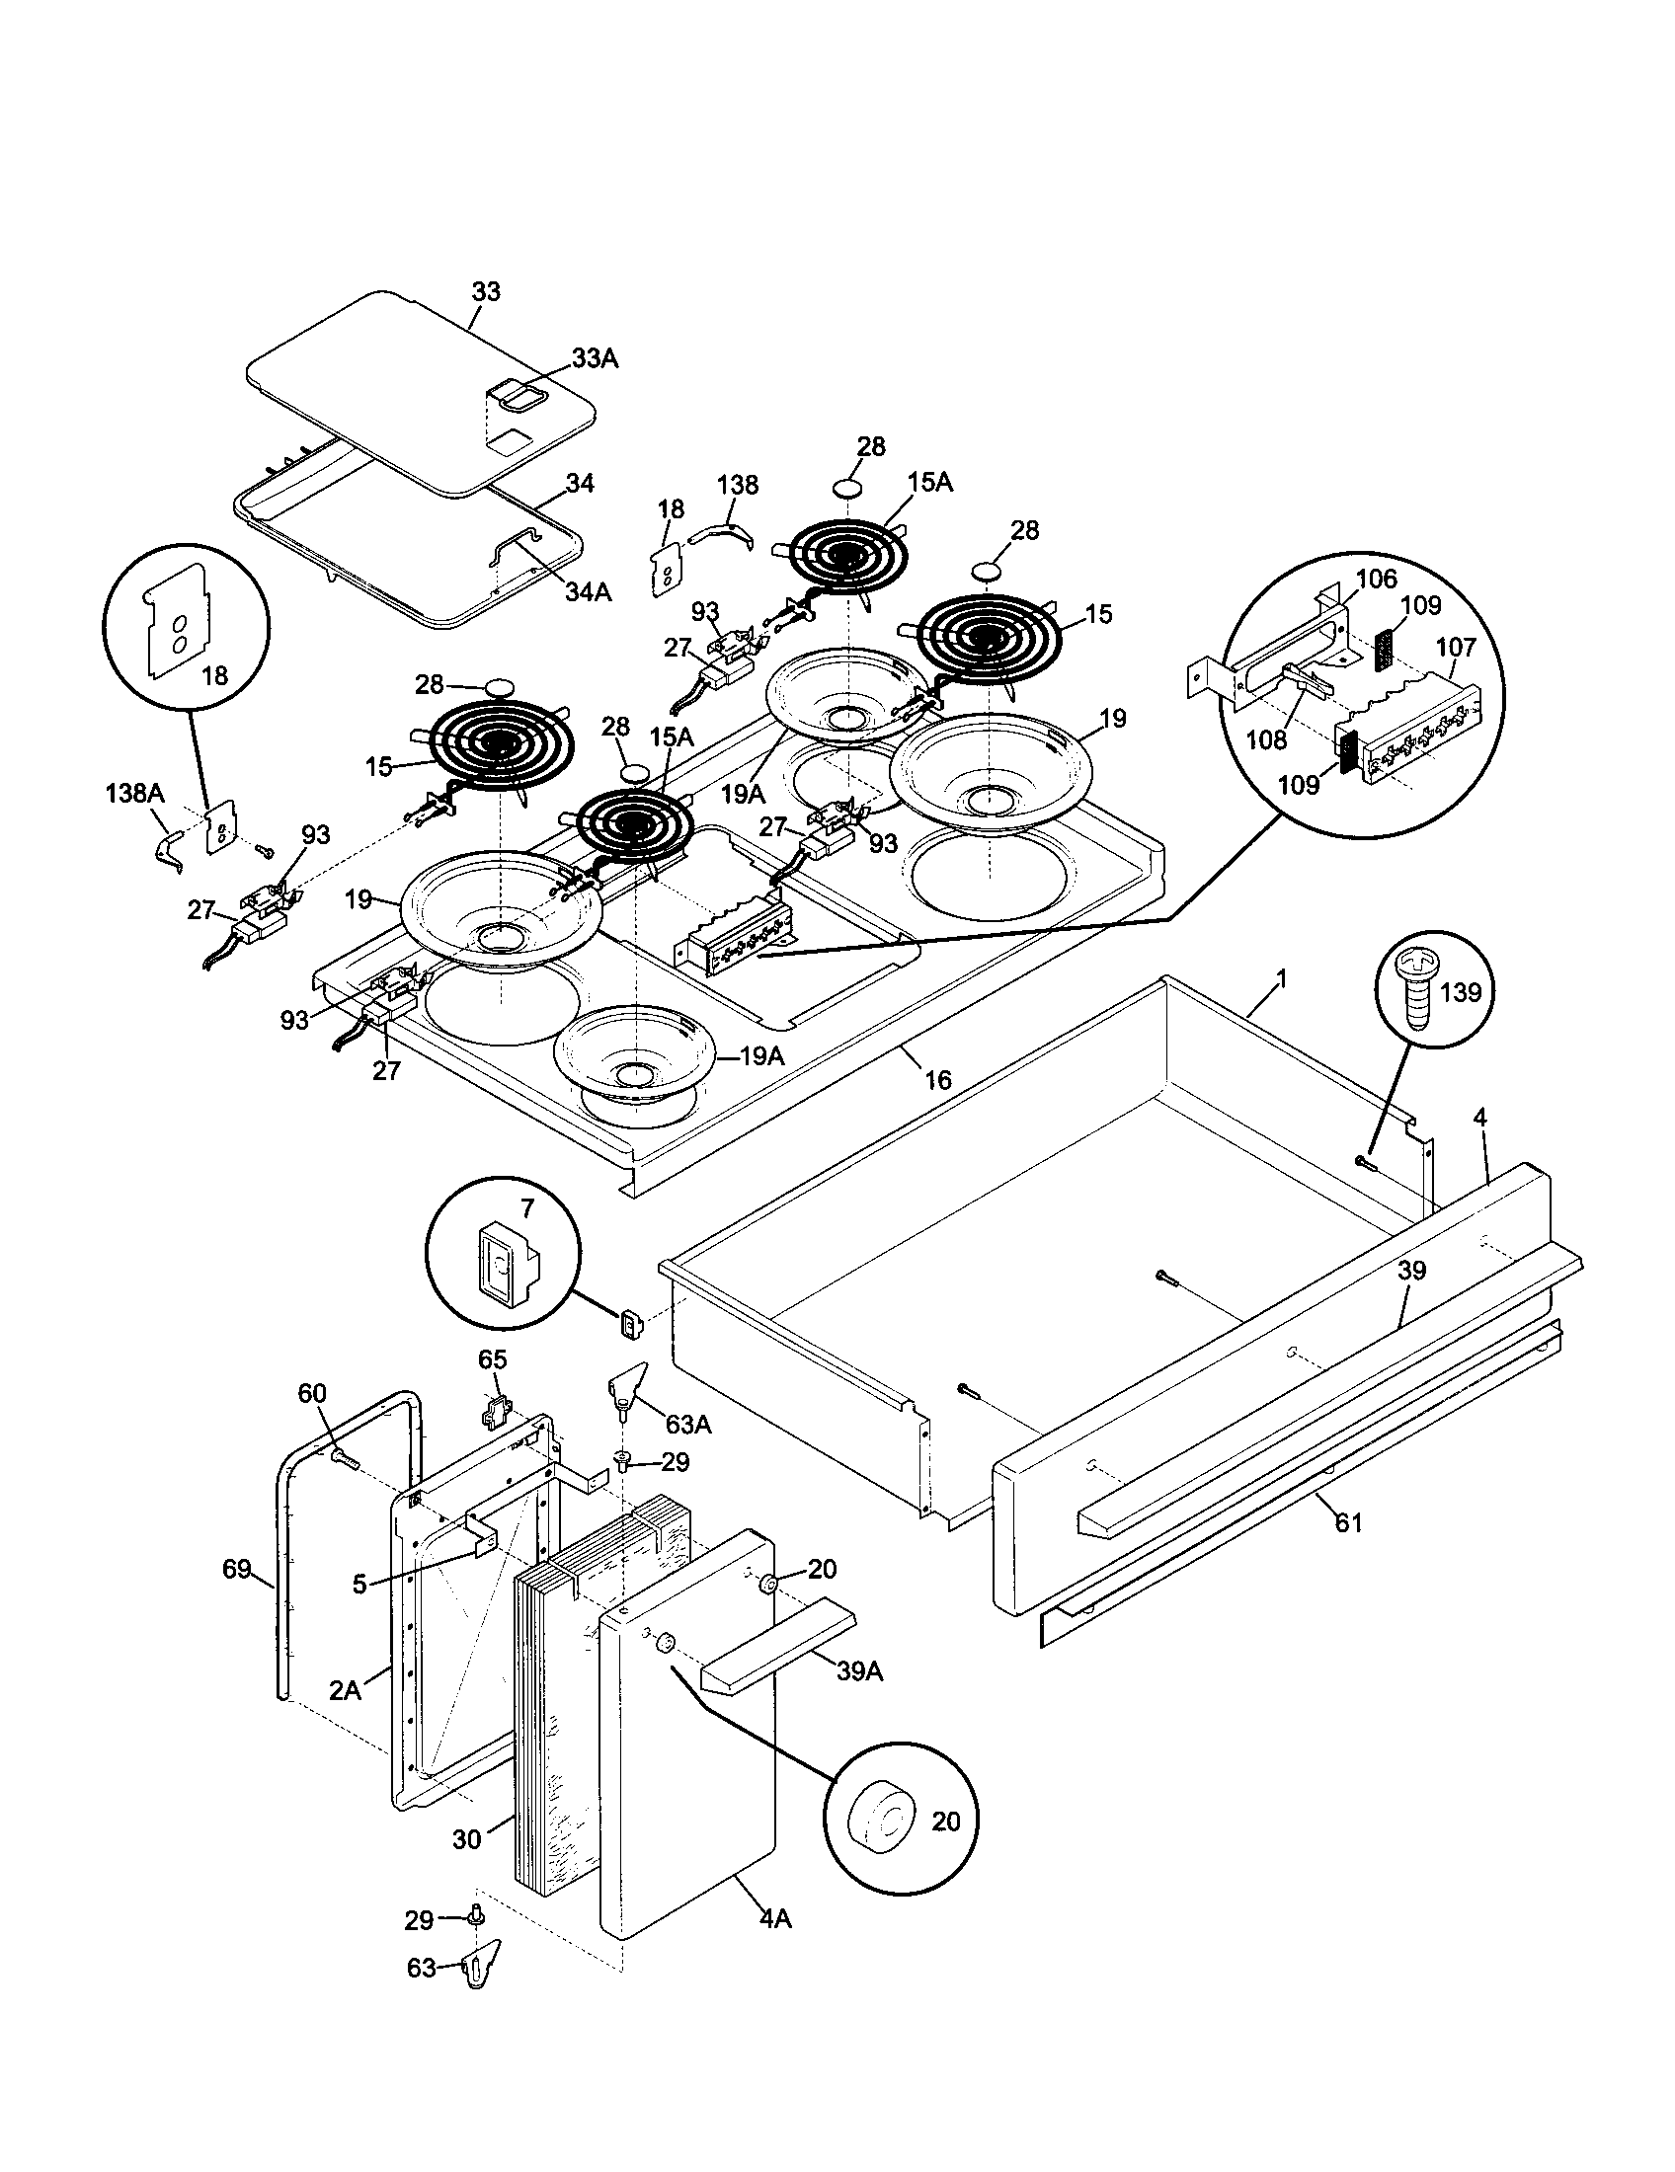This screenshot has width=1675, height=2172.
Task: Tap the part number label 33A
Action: click(595, 359)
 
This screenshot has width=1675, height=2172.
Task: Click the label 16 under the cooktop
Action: click(937, 1079)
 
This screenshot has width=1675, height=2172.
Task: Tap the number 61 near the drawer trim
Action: click(1348, 1522)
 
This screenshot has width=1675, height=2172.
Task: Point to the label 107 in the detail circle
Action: click(1455, 648)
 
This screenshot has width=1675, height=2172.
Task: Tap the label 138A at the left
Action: click(134, 794)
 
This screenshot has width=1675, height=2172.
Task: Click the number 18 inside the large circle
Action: click(215, 676)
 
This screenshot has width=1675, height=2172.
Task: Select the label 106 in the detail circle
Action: click(1377, 579)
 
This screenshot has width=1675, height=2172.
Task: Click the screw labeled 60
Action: click(341, 1456)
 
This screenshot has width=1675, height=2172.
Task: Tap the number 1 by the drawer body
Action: click(1281, 979)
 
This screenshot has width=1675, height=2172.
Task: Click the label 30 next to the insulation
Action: click(466, 1839)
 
